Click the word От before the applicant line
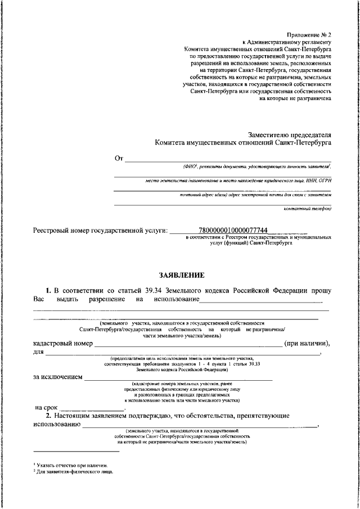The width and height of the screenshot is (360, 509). pos(119,159)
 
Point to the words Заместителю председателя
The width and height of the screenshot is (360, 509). pos(290,134)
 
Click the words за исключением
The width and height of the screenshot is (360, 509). pos(58,377)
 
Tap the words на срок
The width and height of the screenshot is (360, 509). pos(47,407)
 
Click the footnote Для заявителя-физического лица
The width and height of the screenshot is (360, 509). pos(73,471)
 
